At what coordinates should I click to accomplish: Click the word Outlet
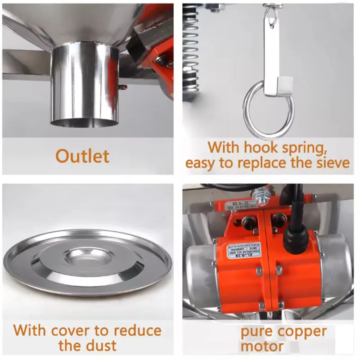pyautogui.click(x=82, y=156)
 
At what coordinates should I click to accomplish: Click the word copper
pyautogui.click(x=301, y=332)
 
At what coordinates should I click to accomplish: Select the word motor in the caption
pyautogui.click(x=262, y=346)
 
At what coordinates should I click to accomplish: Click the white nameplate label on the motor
pyautogui.click(x=241, y=250)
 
